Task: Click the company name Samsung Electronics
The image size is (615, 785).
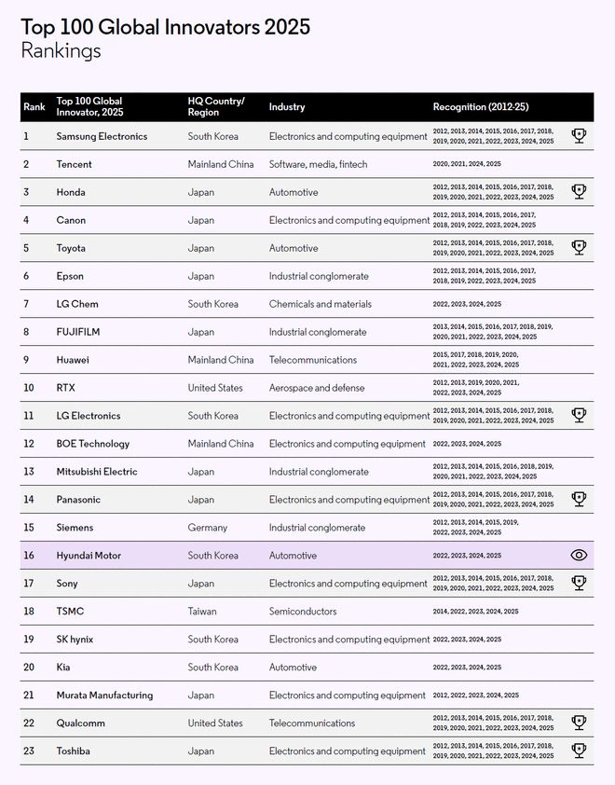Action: click(x=102, y=136)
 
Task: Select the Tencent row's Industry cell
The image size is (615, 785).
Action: click(x=318, y=164)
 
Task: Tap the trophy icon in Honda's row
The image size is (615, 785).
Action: click(x=579, y=192)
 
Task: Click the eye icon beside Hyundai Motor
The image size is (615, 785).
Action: click(x=579, y=556)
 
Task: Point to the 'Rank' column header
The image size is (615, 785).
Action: click(x=34, y=107)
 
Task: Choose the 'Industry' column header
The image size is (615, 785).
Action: click(x=287, y=107)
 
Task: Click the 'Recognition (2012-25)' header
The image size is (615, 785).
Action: click(x=480, y=107)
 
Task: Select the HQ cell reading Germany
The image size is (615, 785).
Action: click(x=207, y=528)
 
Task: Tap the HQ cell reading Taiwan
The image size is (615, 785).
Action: click(x=202, y=612)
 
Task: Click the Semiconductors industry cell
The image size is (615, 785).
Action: click(x=303, y=612)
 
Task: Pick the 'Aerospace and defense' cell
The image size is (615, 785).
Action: click(x=317, y=388)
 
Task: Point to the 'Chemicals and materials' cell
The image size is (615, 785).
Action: click(x=320, y=304)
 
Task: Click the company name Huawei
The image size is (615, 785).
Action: click(x=73, y=360)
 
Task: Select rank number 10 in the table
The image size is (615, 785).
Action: click(x=28, y=388)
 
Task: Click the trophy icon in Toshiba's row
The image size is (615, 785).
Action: click(x=579, y=751)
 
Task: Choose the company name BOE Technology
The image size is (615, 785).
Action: click(x=92, y=444)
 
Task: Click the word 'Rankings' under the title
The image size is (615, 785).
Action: click(x=61, y=50)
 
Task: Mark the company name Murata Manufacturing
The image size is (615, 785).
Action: click(x=104, y=695)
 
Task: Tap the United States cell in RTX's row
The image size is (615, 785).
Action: click(x=215, y=388)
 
